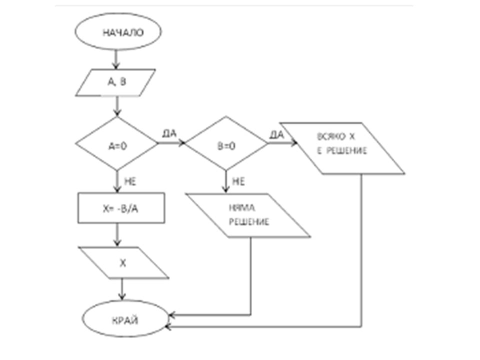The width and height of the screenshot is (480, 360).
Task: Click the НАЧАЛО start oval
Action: pyautogui.click(x=118, y=32)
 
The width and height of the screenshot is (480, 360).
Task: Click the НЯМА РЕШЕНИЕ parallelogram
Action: pyautogui.click(x=248, y=215)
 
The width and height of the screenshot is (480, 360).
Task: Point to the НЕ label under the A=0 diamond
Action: pyautogui.click(x=129, y=182)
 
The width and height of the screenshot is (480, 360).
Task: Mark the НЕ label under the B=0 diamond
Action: pyautogui.click(x=238, y=182)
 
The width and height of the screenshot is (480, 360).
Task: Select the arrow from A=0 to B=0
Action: pyautogui.click(x=171, y=144)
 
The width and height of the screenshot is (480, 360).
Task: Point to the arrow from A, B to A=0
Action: pyautogui.click(x=116, y=107)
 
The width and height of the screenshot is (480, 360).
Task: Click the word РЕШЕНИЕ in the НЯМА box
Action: pyautogui.click(x=248, y=222)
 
